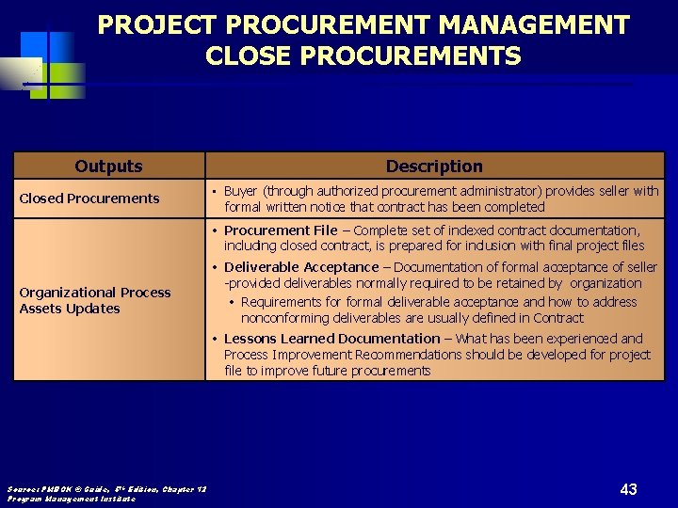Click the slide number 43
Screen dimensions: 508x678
click(x=629, y=488)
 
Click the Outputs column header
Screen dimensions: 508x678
click(x=108, y=167)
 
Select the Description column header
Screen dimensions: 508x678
click(x=434, y=167)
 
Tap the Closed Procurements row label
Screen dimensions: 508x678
click(x=89, y=198)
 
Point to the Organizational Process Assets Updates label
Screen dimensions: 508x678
click(x=95, y=300)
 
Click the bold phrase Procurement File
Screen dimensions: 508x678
click(x=281, y=230)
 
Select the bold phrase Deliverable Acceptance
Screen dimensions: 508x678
click(x=301, y=268)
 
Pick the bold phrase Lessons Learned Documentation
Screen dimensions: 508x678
click(x=331, y=339)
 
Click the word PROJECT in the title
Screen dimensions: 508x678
click(x=157, y=25)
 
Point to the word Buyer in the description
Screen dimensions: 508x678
click(x=241, y=191)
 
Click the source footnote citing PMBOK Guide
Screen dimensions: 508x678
click(x=106, y=488)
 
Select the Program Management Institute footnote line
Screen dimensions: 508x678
click(x=72, y=499)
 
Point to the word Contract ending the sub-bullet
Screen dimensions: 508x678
click(x=560, y=318)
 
